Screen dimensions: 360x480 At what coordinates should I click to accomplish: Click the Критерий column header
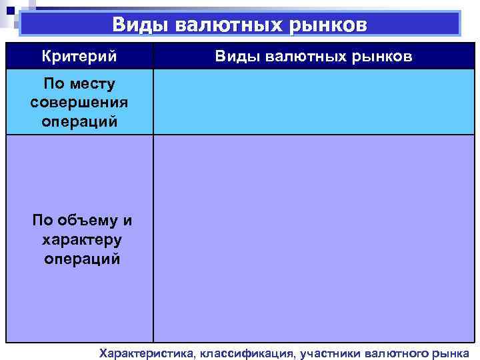pyautogui.click(x=79, y=56)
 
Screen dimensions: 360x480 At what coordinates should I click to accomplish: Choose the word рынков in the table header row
pyautogui.click(x=382, y=56)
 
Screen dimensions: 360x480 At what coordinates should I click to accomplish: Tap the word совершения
pyautogui.click(x=79, y=103)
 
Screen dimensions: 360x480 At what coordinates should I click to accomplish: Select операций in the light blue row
pyautogui.click(x=79, y=122)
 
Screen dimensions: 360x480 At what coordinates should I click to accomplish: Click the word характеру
pyautogui.click(x=79, y=239)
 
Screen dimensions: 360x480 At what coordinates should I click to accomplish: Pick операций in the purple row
pyautogui.click(x=79, y=258)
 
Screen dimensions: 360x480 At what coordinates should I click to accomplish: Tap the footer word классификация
pyautogui.click(x=245, y=353)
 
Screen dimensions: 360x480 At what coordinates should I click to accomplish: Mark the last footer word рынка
pyautogui.click(x=451, y=353)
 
